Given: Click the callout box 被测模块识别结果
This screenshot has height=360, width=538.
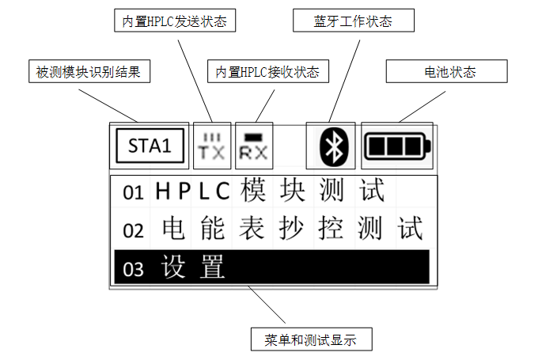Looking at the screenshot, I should pos(88,72).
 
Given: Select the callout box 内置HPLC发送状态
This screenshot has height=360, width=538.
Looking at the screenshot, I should pos(175,22).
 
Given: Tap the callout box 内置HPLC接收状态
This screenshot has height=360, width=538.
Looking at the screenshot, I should pos(267,72).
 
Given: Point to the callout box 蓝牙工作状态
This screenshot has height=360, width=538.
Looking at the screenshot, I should pos(353,22).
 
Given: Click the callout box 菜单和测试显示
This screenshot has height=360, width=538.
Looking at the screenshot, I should pos(310,340).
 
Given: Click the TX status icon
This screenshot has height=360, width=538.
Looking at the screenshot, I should pos(212,146).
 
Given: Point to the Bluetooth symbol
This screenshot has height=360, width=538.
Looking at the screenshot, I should pos(335,146).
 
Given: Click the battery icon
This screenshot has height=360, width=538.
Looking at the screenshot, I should pos(397,146).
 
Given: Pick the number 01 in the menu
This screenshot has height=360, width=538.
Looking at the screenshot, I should pos(134,192).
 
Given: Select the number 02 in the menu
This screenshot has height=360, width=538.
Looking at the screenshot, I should pos(134,230).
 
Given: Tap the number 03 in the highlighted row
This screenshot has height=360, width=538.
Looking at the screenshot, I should pos(134,268).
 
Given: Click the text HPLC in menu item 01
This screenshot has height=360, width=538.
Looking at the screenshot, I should pos(192,191).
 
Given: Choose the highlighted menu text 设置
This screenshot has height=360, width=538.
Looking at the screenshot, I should pos(193,267).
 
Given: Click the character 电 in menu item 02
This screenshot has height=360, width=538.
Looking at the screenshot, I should pos(173,229).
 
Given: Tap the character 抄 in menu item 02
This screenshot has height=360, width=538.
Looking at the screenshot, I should pos(292,229).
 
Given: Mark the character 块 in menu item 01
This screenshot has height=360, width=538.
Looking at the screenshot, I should pos(292,191).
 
